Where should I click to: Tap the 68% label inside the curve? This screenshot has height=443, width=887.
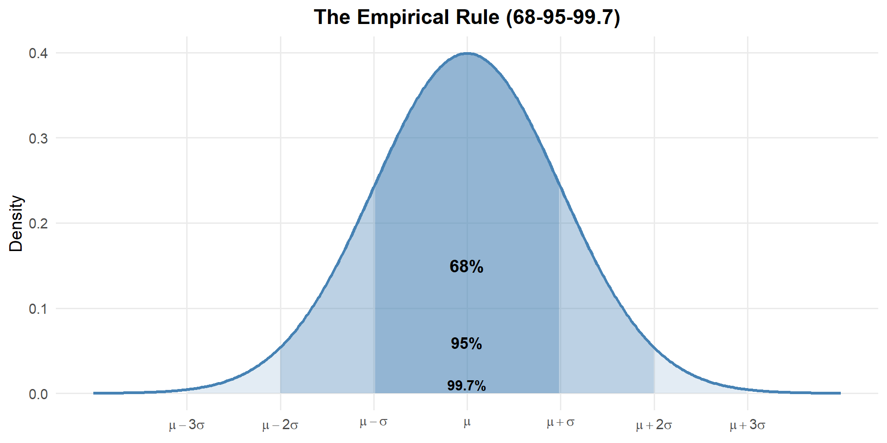click(x=467, y=267)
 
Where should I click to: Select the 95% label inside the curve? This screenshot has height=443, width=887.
click(x=467, y=344)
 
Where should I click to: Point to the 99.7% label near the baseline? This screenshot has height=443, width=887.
click(x=467, y=386)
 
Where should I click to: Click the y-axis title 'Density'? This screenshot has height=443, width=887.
click(x=16, y=223)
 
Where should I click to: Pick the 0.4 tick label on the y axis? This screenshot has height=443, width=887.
click(x=38, y=54)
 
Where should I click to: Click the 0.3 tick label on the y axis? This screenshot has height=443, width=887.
click(x=38, y=138)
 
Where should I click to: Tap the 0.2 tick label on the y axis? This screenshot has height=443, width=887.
click(x=38, y=224)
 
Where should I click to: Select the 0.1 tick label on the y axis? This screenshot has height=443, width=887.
click(x=38, y=309)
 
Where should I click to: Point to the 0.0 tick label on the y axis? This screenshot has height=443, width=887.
click(x=38, y=394)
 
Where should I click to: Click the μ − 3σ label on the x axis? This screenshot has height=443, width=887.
click(x=187, y=425)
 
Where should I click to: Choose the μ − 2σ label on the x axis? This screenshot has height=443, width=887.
click(x=280, y=425)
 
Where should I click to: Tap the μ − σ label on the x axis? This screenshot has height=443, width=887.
click(x=374, y=422)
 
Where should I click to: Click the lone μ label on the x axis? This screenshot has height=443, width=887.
click(x=467, y=423)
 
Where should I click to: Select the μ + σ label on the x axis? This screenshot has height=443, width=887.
click(x=560, y=422)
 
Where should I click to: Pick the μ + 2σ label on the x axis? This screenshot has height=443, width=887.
click(x=654, y=425)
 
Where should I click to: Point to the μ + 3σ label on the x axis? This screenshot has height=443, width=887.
click(x=747, y=425)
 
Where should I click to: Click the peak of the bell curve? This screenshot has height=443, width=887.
click(x=467, y=53)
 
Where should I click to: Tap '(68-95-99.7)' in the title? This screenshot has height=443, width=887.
click(x=563, y=18)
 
